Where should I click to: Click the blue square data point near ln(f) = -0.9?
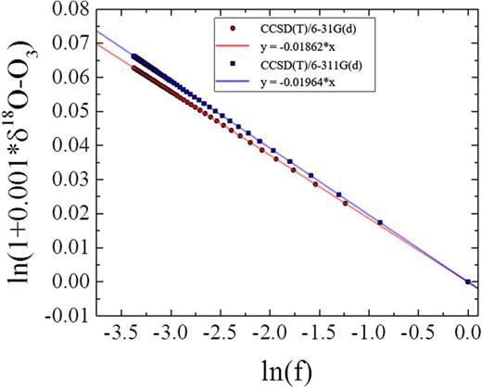(380, 222)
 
